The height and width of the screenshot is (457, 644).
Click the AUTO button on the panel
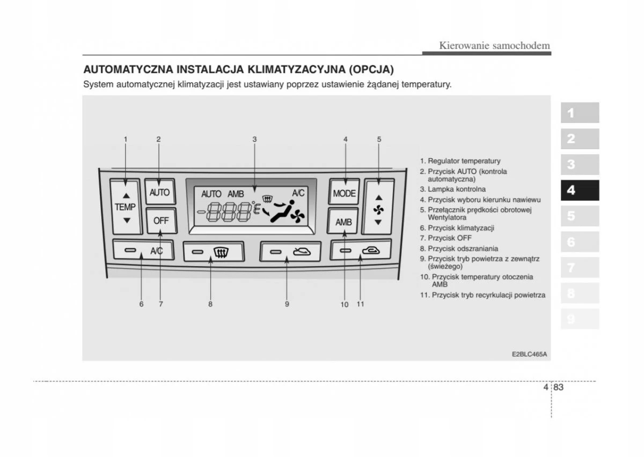tap(159, 193)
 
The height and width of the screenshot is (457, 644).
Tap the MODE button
tap(344, 194)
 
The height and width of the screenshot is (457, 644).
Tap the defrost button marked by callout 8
tap(214, 251)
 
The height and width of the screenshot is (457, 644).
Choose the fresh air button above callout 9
tap(290, 251)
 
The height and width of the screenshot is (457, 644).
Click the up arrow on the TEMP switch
tap(126, 195)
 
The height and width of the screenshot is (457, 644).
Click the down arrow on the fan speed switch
tap(378, 222)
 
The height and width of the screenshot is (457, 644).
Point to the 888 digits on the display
tap(229, 212)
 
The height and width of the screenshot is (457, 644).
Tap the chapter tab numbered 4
tap(580, 190)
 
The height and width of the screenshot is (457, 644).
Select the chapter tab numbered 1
tap(580, 113)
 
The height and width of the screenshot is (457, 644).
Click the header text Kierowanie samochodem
tap(494, 46)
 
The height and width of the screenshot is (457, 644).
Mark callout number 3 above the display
tap(255, 139)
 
